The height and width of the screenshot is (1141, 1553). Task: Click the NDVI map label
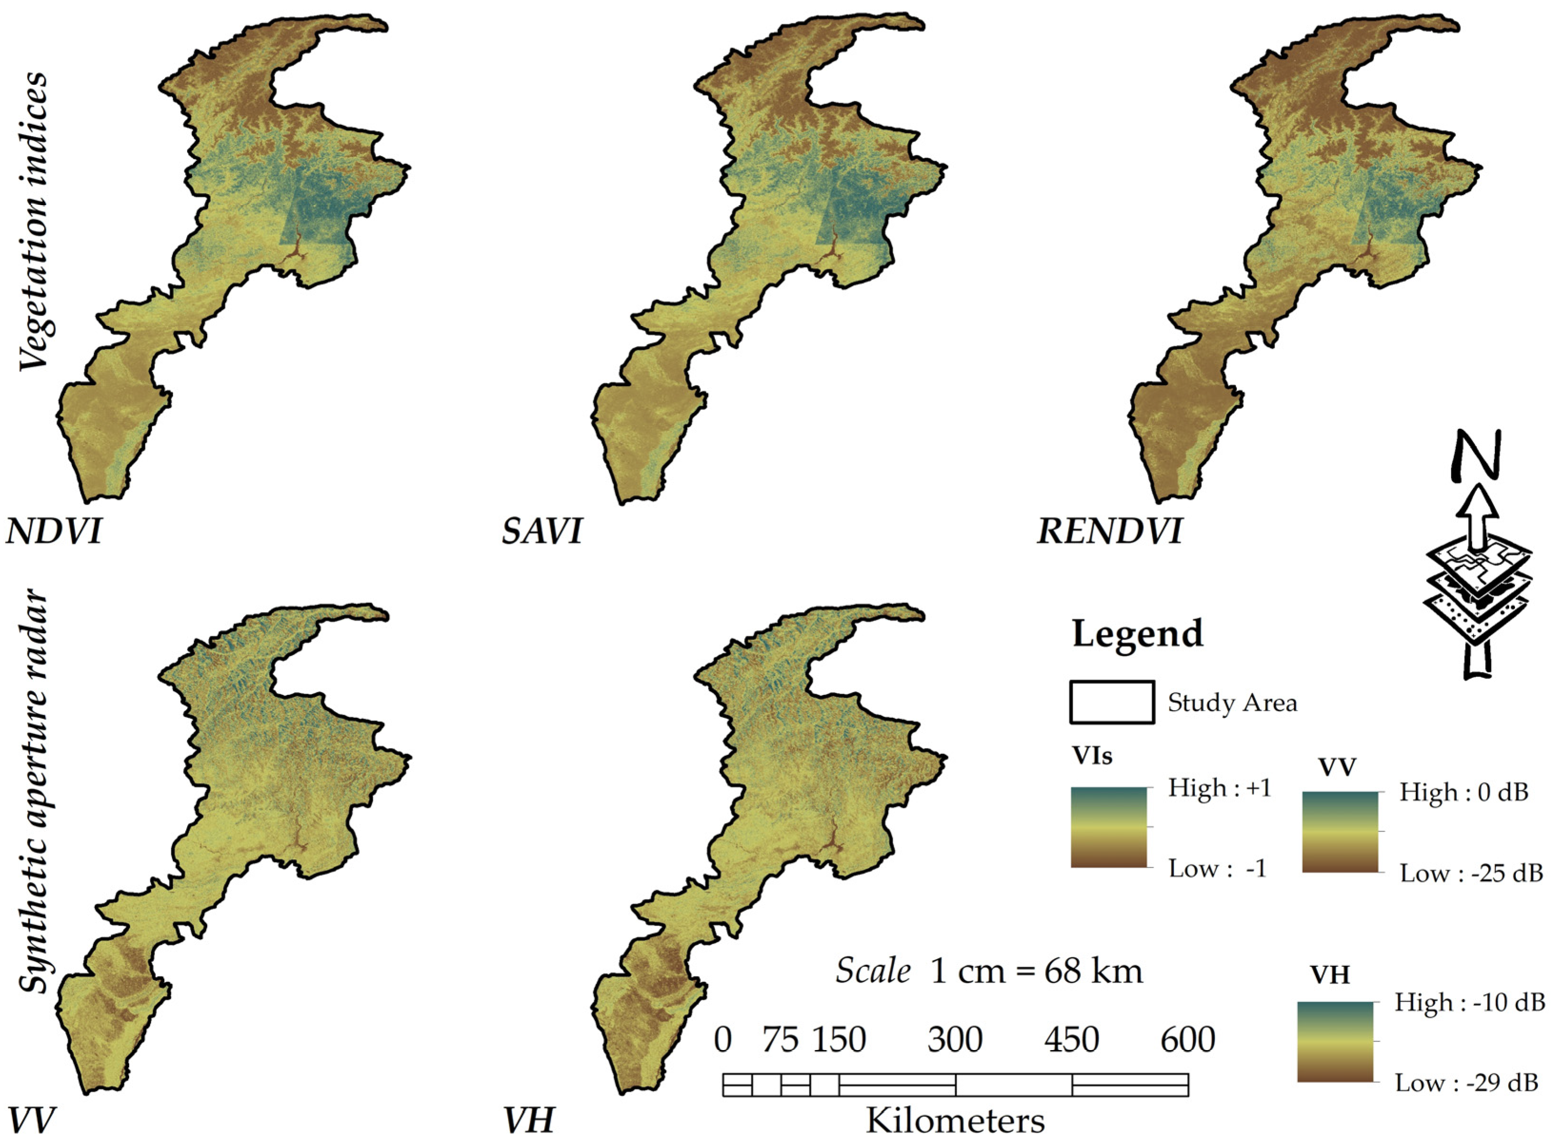pos(54,532)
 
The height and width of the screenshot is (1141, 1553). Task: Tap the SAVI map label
pos(542,532)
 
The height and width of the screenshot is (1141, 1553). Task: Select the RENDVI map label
pos(1109,532)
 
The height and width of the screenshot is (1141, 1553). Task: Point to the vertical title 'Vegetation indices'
pos(33,221)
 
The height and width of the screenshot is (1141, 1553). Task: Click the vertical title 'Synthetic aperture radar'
pos(33,794)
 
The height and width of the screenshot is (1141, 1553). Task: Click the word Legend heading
pos(1137,634)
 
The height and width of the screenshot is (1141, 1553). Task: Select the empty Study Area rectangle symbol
pos(1112,703)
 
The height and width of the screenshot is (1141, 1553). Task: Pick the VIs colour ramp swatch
pos(1109,827)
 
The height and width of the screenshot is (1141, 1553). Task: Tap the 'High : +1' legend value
pos(1219,788)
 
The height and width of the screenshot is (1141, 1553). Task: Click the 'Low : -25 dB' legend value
pos(1471,873)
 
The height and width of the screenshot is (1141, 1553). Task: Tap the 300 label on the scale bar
pos(955,1040)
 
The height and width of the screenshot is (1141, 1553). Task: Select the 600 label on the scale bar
pos(1187,1040)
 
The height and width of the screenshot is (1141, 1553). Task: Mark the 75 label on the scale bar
pos(780,1040)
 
